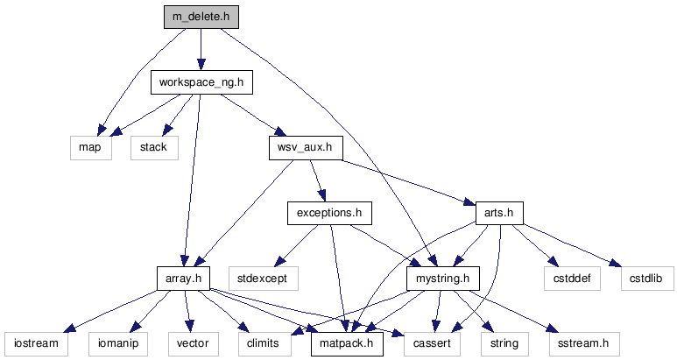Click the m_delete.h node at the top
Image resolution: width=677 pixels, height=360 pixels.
pyautogui.click(x=201, y=17)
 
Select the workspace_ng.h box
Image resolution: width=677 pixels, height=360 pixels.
pyautogui.click(x=201, y=82)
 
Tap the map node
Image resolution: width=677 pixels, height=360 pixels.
pyautogui.click(x=89, y=147)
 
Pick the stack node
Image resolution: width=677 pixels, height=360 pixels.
pyautogui.click(x=154, y=147)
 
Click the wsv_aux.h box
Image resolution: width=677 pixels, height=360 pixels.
pyautogui.click(x=305, y=147)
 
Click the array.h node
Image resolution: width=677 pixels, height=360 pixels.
pyautogui.click(x=184, y=278)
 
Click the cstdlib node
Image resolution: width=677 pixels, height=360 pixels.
pyautogui.click(x=642, y=278)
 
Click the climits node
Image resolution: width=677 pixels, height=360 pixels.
pyautogui.click(x=264, y=342)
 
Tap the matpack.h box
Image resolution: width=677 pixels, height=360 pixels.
pyautogui.click(x=348, y=342)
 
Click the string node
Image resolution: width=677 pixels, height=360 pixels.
pyautogui.click(x=503, y=342)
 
